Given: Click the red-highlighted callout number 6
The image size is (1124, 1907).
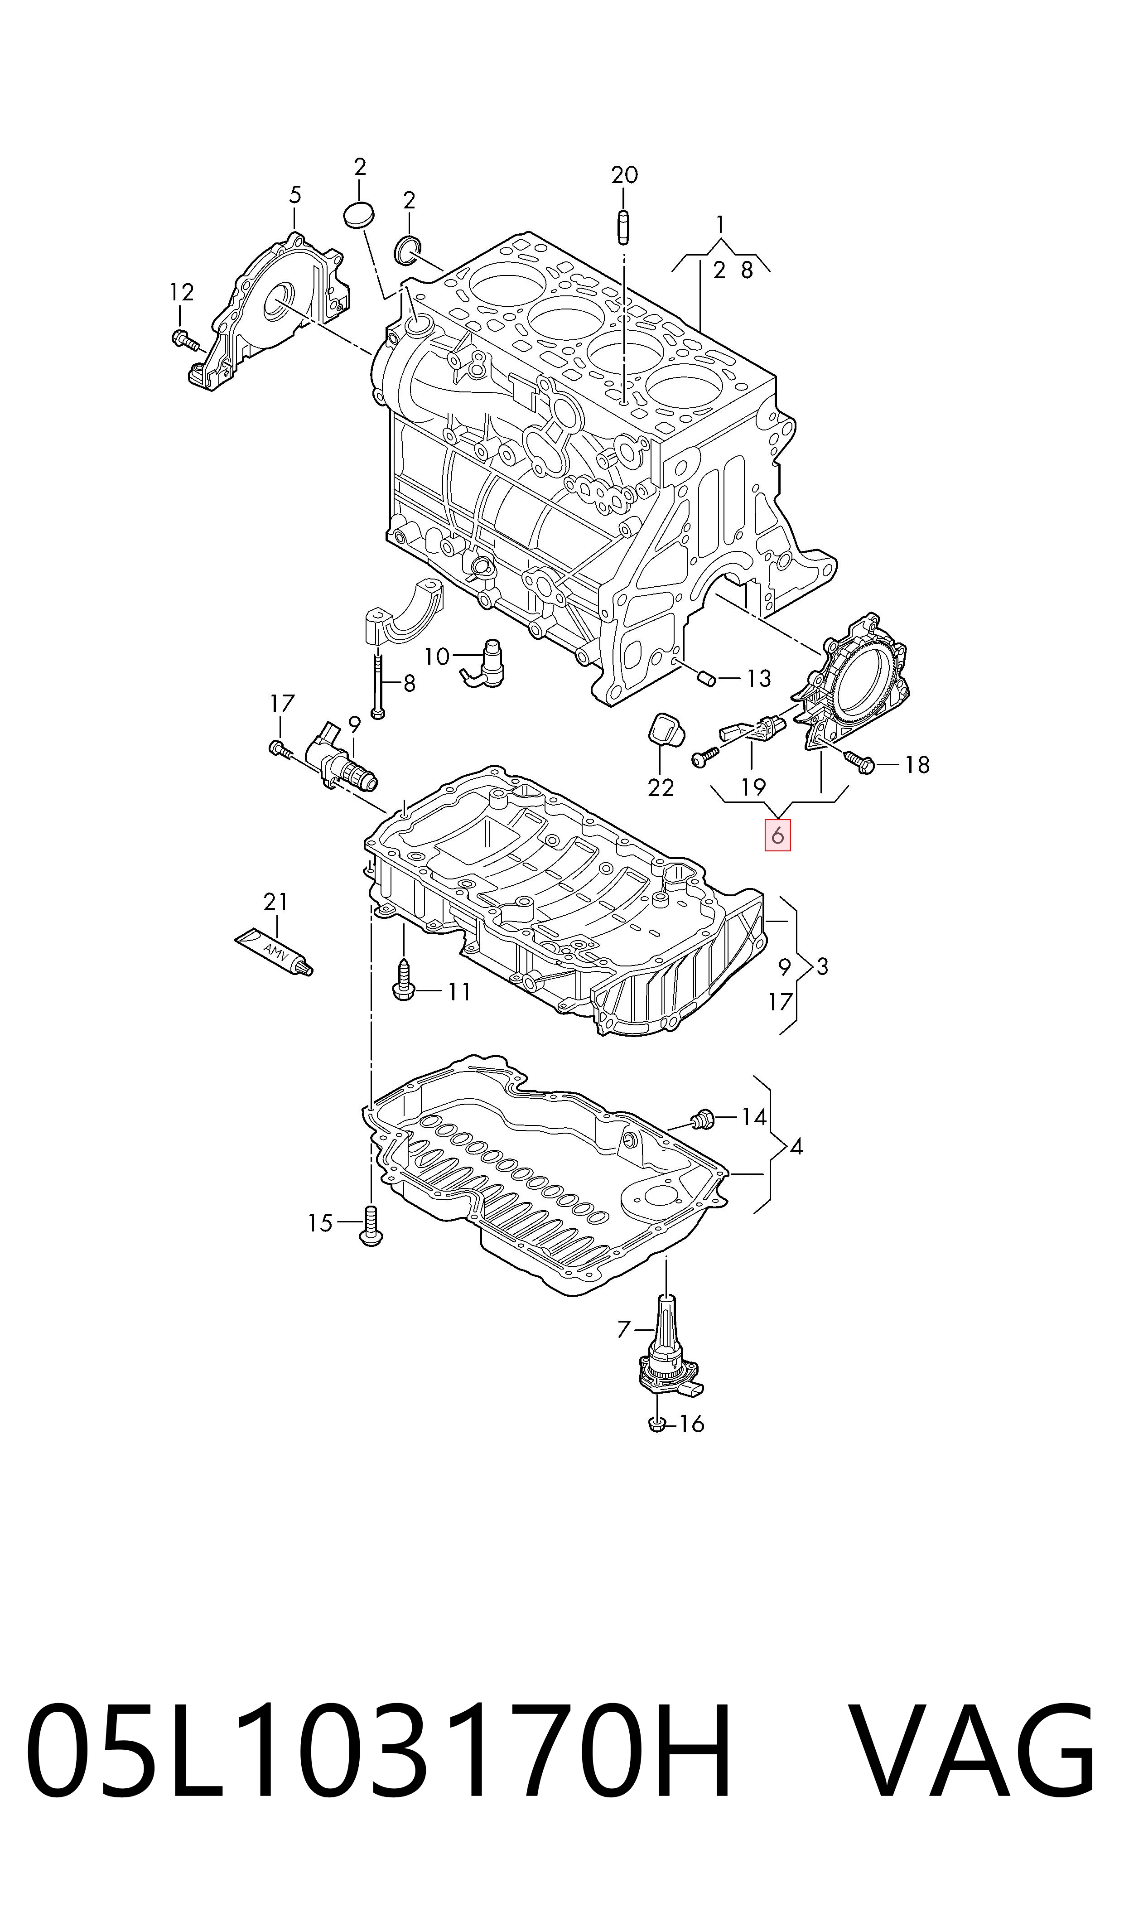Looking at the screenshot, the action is pos(777,836).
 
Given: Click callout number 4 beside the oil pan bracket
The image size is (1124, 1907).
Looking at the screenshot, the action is pos(796,1147).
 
